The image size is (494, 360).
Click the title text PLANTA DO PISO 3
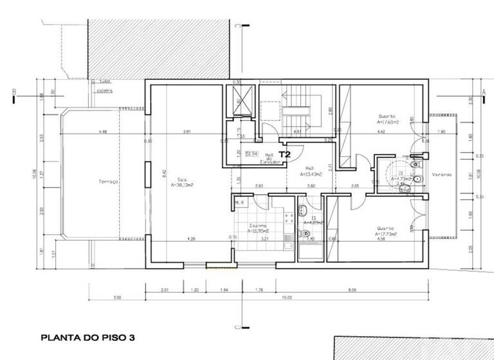[87, 337]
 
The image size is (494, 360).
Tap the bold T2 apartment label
[285, 154]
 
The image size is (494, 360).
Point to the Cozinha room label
[260, 226]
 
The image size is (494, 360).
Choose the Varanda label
[441, 175]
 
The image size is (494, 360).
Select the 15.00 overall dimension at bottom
[286, 298]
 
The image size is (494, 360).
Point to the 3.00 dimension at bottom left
[117, 298]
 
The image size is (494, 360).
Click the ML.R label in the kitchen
[239, 202]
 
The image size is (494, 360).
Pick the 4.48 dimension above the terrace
[102, 132]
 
